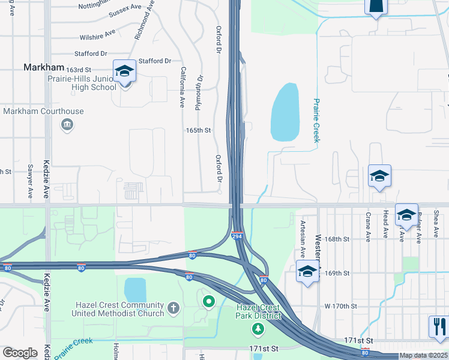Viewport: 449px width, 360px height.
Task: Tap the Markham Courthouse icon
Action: click(67, 125)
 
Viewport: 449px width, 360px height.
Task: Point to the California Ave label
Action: click(181, 87)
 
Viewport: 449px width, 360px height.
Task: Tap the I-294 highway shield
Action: click(238, 236)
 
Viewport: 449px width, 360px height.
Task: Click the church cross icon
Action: click(173, 308)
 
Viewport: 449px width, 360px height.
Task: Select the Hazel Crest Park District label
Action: click(258, 311)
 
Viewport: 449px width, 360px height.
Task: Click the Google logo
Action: click(20, 353)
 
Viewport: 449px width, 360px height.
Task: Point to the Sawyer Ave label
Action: click(29, 181)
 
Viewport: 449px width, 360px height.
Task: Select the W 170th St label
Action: click(340, 306)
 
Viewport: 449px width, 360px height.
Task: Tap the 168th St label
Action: click(337, 239)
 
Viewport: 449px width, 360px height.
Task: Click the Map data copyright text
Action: click(423, 355)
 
